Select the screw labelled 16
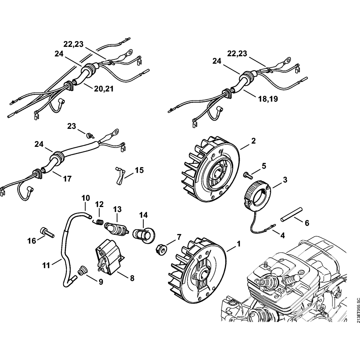click(47, 233)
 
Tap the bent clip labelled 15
click(120, 175)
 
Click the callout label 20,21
click(104, 89)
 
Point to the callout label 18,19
click(268, 99)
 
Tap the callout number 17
click(67, 179)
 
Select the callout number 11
click(46, 266)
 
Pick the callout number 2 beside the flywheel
click(253, 141)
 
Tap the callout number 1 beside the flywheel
click(239, 244)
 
